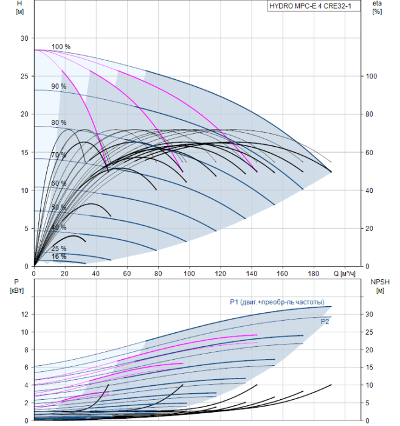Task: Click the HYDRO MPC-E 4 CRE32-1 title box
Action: (x=314, y=6)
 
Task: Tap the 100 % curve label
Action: (x=61, y=47)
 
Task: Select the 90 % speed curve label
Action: (x=59, y=86)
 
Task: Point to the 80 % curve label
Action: (x=59, y=122)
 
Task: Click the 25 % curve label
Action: (x=59, y=248)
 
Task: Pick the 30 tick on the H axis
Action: (x=24, y=38)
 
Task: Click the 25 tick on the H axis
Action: (x=24, y=76)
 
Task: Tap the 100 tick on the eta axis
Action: (x=371, y=76)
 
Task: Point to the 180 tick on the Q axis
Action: (x=314, y=273)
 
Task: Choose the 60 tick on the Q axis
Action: (x=127, y=273)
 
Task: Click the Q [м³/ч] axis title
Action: (x=344, y=274)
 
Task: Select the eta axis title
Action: (x=378, y=7)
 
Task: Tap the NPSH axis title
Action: (x=380, y=286)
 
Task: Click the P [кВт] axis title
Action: (x=16, y=286)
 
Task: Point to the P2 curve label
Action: (x=325, y=322)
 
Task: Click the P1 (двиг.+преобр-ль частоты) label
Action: (x=277, y=302)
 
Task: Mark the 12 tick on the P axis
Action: (x=24, y=315)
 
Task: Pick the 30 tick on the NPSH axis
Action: (x=369, y=315)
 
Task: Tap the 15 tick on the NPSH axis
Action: (x=369, y=368)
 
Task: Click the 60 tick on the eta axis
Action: (x=369, y=153)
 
